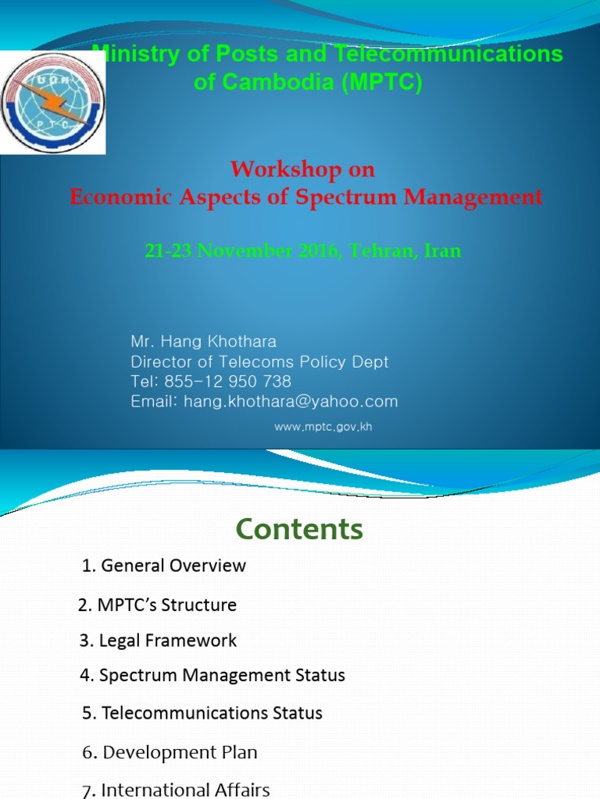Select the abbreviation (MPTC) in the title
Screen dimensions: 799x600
point(381,83)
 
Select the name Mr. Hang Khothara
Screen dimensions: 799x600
point(203,342)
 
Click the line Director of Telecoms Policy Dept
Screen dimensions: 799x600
point(259,362)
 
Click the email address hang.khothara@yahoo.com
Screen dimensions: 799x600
point(290,402)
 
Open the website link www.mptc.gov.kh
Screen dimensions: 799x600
point(323,427)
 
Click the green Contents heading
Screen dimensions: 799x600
point(299,529)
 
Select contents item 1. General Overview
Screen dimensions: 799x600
point(164,566)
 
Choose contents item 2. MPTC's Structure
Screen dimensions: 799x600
point(158,605)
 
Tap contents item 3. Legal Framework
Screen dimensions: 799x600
point(158,641)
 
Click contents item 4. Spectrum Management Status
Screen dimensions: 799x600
point(212,676)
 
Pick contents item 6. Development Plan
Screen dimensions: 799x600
point(170,752)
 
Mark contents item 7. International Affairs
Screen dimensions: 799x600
point(176,790)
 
